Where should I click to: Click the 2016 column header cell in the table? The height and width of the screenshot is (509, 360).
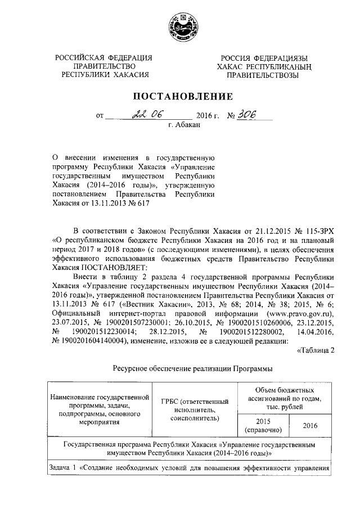310,426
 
